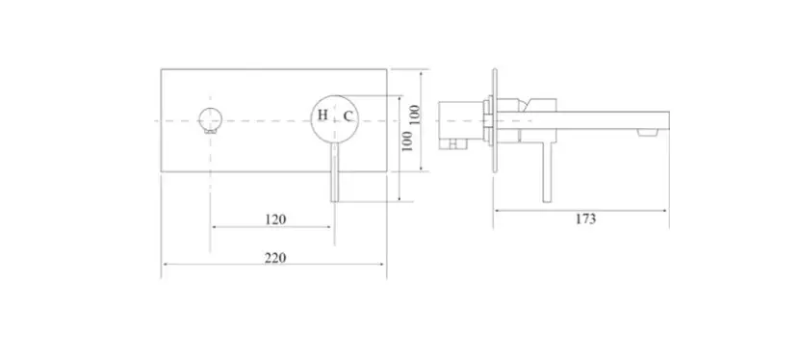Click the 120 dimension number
[275, 219]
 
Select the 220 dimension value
[275, 258]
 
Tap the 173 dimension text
[585, 219]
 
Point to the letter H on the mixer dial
[322, 116]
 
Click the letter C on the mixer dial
[347, 116]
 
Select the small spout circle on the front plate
[210, 119]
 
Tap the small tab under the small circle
[210, 131]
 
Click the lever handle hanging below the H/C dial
[334, 172]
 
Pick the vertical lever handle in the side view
[547, 172]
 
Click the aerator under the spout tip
[647, 133]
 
